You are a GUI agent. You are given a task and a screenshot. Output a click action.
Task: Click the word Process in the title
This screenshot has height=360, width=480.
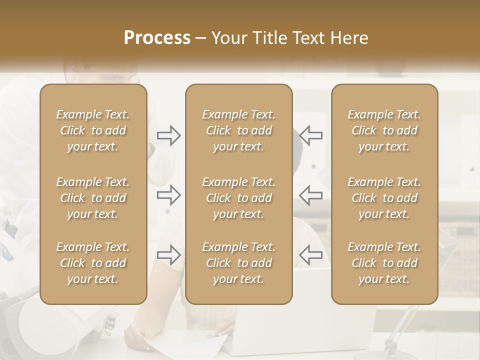point(157,38)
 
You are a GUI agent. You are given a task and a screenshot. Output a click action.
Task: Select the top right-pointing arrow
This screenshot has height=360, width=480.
point(169,135)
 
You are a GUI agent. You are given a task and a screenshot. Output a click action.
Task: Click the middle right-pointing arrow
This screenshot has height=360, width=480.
point(169,195)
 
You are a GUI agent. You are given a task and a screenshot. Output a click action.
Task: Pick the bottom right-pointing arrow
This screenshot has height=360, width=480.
point(169,255)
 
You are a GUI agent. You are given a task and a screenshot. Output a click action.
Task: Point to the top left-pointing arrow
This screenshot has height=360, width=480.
point(310,135)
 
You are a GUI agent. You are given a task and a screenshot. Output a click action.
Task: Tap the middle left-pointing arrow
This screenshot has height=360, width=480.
point(310,195)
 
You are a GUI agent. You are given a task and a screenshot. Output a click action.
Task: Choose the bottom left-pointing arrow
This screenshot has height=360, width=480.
point(310,255)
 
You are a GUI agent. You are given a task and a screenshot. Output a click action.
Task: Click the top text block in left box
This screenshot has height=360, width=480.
point(93,130)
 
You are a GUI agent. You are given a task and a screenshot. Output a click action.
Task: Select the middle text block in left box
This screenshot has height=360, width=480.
point(93,198)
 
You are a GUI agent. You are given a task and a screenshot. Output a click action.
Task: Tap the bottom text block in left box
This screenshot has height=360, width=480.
point(93,263)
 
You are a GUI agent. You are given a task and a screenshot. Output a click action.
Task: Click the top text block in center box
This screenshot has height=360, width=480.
point(239,130)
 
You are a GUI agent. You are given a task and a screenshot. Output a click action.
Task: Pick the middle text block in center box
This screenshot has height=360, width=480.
point(239,198)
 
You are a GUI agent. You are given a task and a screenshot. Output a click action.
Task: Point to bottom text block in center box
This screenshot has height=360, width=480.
point(239,263)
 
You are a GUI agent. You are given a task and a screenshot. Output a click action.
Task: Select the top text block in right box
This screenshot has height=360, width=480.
point(384,130)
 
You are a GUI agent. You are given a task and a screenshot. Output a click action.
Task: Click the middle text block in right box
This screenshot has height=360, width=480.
point(384,198)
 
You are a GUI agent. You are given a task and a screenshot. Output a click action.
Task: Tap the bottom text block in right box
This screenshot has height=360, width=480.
point(384,263)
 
